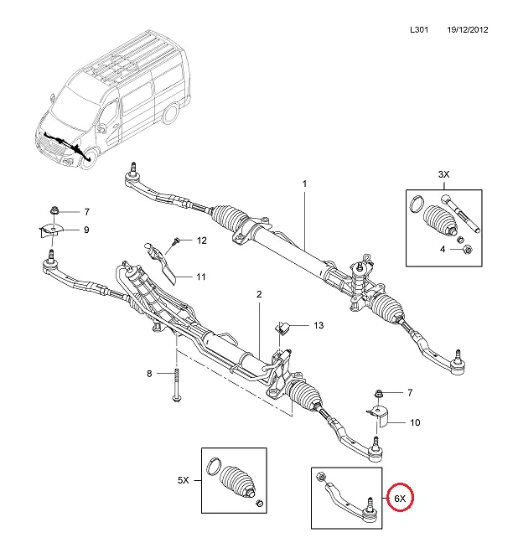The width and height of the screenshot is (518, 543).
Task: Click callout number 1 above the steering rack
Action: click(x=305, y=184)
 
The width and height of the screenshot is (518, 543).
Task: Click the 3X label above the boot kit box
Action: click(x=444, y=173)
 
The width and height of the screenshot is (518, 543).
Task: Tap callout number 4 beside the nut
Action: click(x=444, y=249)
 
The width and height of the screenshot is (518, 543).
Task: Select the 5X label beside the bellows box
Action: click(x=184, y=481)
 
